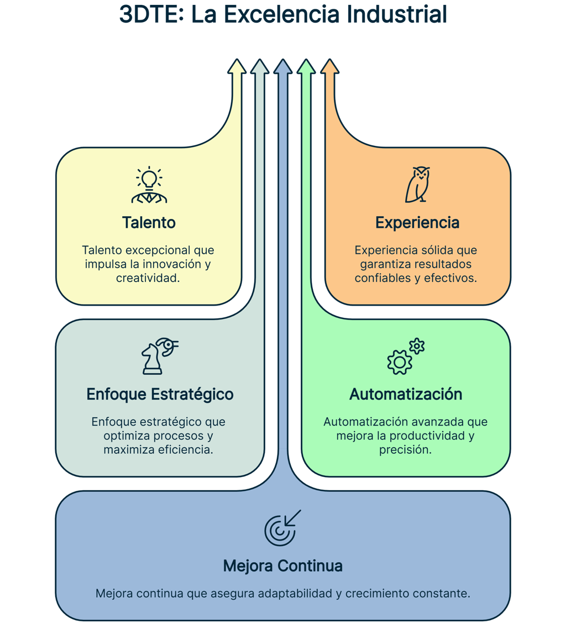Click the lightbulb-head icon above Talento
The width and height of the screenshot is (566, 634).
click(149, 186)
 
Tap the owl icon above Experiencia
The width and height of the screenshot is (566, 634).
click(417, 185)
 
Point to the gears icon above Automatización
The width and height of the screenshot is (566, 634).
click(405, 357)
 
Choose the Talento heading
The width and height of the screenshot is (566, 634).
click(149, 223)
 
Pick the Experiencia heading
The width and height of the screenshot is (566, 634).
click(417, 223)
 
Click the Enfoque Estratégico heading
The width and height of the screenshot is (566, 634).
click(160, 395)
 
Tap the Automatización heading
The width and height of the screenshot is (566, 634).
click(406, 395)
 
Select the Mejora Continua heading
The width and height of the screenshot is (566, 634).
click(282, 566)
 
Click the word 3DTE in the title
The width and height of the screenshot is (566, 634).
click(151, 15)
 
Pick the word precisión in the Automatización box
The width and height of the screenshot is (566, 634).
click(405, 450)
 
